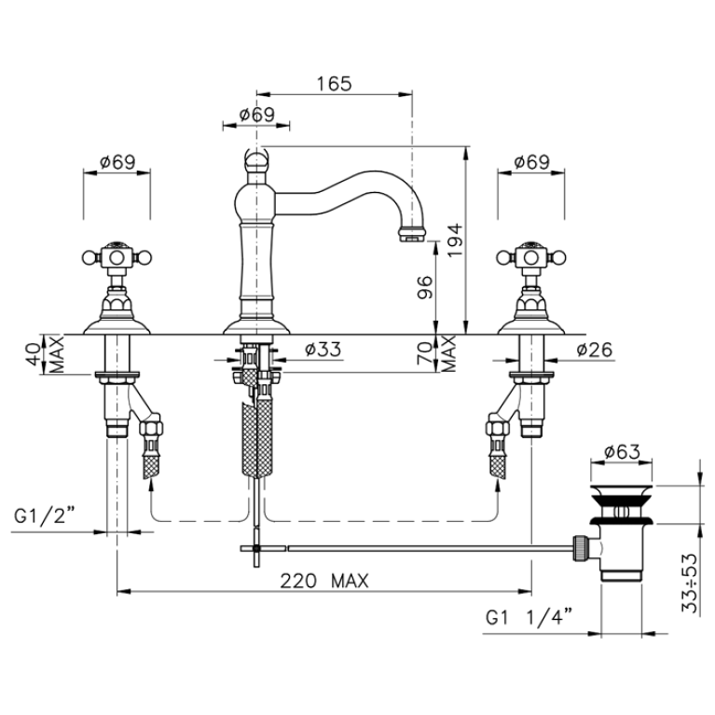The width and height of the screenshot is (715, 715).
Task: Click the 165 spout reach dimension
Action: (335, 84)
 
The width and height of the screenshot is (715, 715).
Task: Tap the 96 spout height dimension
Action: (424, 287)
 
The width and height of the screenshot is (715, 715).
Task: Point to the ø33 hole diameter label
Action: (323, 350)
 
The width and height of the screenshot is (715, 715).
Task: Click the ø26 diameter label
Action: (594, 350)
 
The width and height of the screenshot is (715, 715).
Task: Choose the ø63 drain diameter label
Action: (622, 452)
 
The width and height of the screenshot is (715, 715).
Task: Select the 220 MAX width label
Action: (324, 581)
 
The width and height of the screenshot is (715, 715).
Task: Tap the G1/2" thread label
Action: (44, 516)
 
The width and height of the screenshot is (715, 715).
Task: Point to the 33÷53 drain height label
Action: (690, 584)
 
